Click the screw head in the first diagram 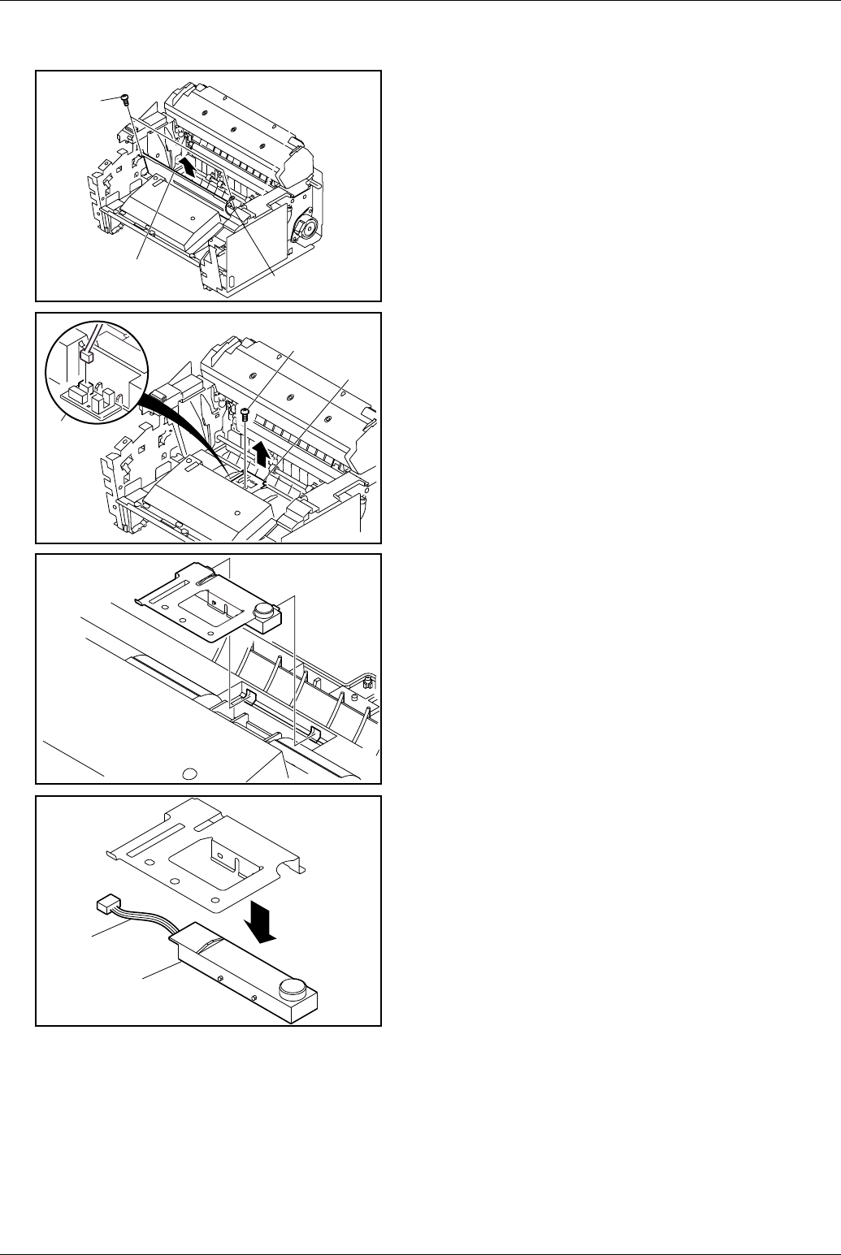pos(124,97)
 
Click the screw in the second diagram pos(245,413)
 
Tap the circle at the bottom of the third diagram pos(189,773)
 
